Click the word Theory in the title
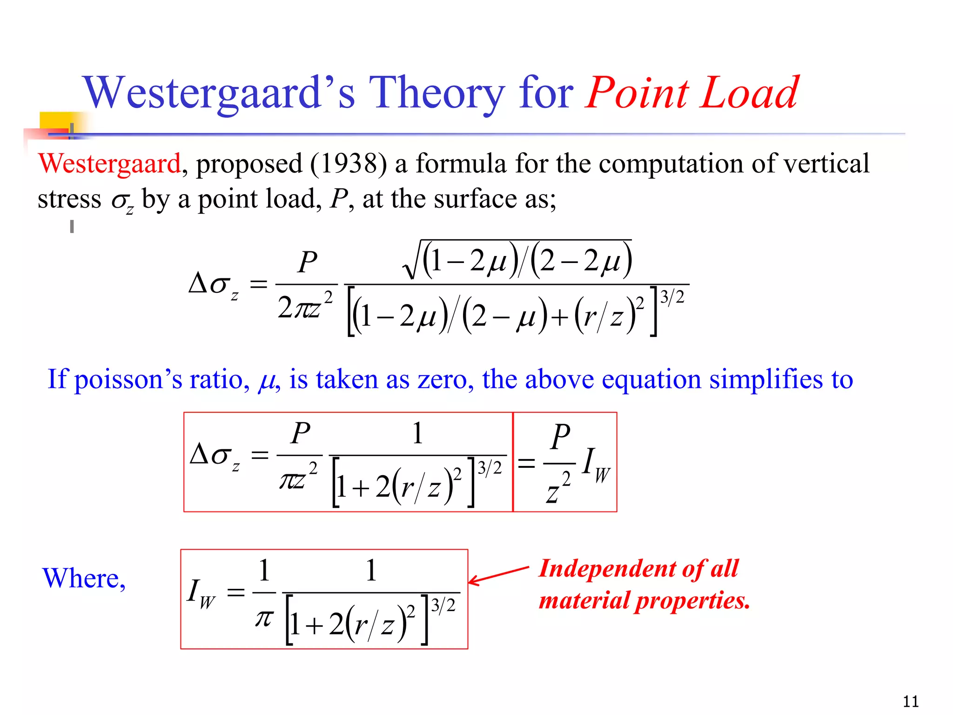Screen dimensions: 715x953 436,93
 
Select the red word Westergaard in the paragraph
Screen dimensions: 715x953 109,164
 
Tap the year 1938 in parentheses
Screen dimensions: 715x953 349,164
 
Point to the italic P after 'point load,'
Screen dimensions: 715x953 338,199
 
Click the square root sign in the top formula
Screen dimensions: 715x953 412,261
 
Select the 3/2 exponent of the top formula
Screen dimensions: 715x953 672,297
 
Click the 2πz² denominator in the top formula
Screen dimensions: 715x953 305,307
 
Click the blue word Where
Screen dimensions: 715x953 84,578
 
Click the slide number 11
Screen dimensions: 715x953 911,701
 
